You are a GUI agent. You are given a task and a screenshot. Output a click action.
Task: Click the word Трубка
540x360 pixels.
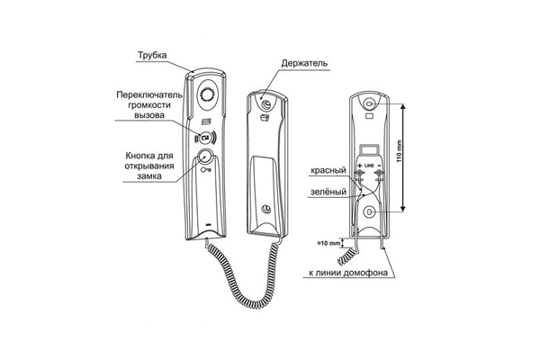[153, 55]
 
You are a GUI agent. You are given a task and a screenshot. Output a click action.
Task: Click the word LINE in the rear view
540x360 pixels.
[370, 167]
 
